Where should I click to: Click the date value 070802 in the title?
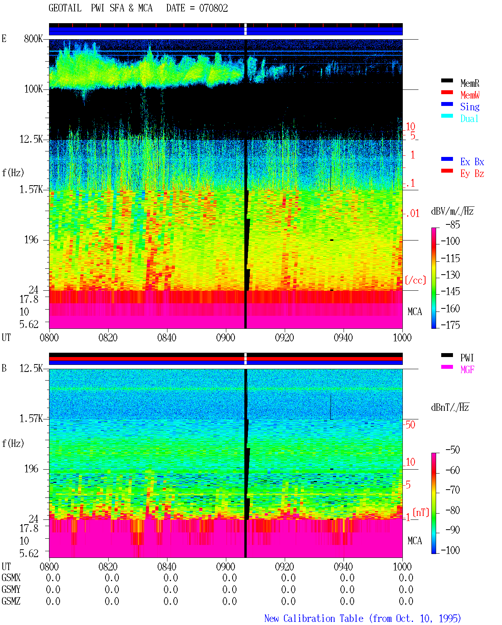click(213, 8)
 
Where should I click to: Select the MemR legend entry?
click(470, 83)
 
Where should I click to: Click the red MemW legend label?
click(470, 95)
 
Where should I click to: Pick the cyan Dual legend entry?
click(469, 118)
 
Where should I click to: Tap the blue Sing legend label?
click(470, 107)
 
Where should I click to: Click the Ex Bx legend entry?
click(472, 162)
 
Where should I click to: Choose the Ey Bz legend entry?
click(472, 173)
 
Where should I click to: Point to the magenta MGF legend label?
click(467, 370)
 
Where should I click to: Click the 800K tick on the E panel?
click(33, 38)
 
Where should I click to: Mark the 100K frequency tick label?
click(33, 89)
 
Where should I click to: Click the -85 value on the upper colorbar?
click(453, 224)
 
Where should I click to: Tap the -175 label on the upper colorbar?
click(450, 325)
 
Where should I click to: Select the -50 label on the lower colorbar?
click(453, 450)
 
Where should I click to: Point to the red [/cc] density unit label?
click(415, 280)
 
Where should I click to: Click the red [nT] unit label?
click(421, 512)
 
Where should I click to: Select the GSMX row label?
click(11, 578)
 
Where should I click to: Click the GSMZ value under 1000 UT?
click(406, 601)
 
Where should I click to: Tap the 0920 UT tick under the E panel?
click(285, 337)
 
